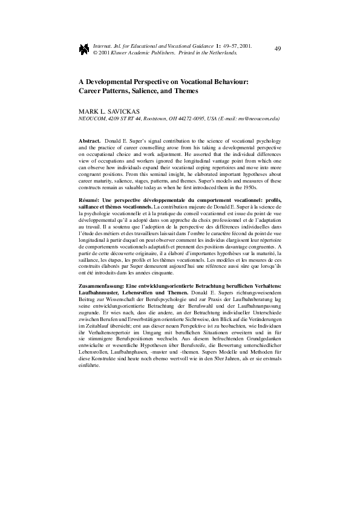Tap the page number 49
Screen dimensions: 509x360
(x=278, y=48)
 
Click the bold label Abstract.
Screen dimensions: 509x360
(x=90, y=140)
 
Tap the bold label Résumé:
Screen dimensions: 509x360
(x=92, y=200)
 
